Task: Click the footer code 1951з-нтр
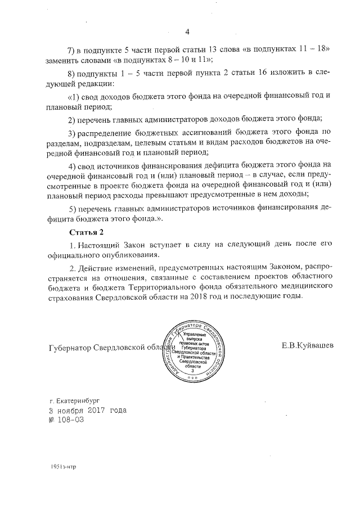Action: point(62,466)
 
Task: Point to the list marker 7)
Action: point(71,49)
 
